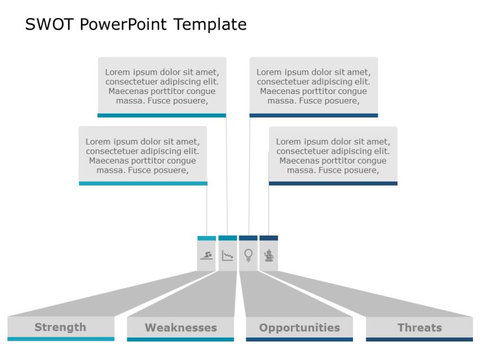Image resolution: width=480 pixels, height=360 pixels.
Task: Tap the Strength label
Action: (60, 327)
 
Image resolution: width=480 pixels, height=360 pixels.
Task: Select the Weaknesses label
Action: (181, 327)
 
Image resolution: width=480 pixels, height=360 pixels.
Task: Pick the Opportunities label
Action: (299, 327)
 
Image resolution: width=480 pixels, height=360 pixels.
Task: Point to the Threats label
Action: (419, 327)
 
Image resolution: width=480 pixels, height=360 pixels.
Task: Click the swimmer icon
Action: (207, 256)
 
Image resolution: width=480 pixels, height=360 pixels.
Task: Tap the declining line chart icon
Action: (227, 256)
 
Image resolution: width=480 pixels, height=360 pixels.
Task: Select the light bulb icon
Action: (248, 255)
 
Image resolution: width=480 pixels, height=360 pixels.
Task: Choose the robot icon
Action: (269, 255)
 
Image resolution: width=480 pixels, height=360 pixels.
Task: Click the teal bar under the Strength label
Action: (61, 339)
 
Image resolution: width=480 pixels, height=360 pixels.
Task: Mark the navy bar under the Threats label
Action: (419, 339)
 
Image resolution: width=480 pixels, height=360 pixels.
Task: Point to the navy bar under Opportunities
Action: (299, 339)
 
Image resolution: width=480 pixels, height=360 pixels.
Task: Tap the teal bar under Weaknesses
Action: (181, 339)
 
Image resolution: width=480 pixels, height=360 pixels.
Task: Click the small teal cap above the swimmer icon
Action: (207, 238)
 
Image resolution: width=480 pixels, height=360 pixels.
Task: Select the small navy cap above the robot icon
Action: (269, 238)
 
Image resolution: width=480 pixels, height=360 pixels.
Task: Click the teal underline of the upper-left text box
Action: (162, 115)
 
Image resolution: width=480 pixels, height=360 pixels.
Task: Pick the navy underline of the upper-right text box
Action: (313, 115)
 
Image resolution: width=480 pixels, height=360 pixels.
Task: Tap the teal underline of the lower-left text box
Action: (143, 183)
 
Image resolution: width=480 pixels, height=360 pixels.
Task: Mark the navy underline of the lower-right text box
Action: (333, 183)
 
